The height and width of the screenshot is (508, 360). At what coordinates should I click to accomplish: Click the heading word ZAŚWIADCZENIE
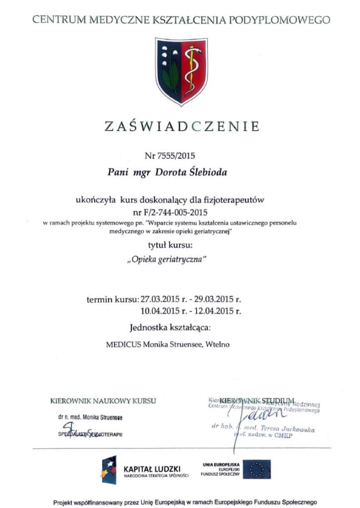[x=181, y=126]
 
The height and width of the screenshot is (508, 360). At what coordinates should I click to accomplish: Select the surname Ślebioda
[x=196, y=172]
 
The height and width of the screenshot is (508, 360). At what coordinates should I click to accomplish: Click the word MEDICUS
[x=123, y=344]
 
